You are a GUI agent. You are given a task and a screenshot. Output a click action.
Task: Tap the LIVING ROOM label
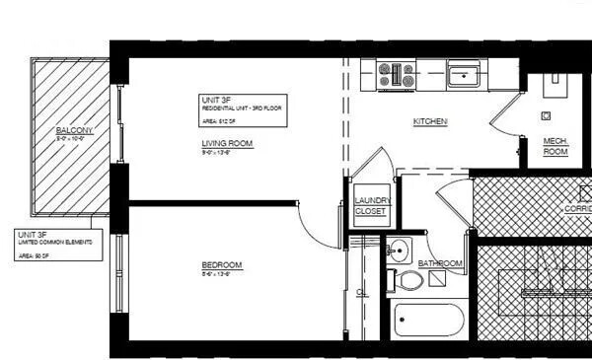[x=227, y=144]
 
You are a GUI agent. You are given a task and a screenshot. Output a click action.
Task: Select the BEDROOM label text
[x=221, y=265]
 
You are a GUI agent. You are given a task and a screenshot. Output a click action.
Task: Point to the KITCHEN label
[x=430, y=122]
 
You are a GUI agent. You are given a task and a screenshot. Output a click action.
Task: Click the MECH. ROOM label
[x=555, y=147]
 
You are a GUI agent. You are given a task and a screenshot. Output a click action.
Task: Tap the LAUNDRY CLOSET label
[x=372, y=206]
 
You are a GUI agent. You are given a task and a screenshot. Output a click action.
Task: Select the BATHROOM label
[x=440, y=263]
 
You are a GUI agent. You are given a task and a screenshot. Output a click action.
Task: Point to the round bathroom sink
[x=399, y=248]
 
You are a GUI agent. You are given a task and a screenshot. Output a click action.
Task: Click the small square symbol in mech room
[x=546, y=114]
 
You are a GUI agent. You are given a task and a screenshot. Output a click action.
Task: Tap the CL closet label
[x=361, y=293]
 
